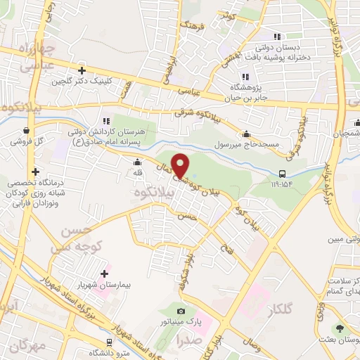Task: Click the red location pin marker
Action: (x=181, y=166)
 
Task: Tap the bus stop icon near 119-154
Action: (x=283, y=174)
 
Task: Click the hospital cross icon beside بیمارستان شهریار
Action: (x=104, y=274)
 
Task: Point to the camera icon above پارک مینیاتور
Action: (x=181, y=311)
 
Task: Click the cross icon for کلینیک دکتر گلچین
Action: (x=82, y=70)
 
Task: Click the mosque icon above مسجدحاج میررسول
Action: (x=246, y=134)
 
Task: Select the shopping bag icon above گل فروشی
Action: (x=26, y=130)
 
